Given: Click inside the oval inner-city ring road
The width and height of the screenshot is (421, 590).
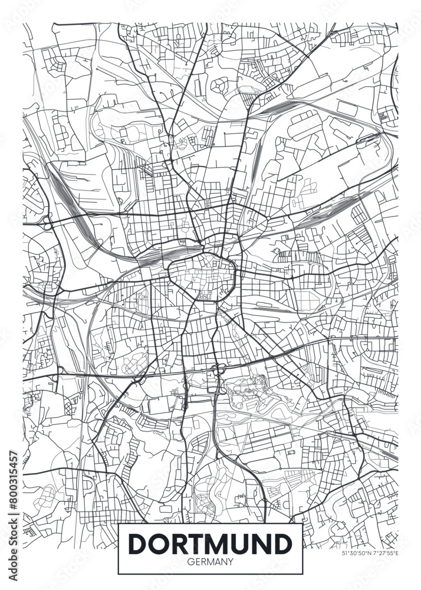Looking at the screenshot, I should coord(202,275).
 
